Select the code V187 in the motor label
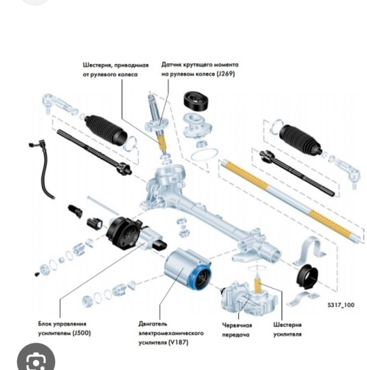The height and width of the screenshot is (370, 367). point(179,343)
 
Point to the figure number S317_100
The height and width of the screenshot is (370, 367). point(341,305)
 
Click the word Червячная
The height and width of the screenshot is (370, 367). point(237,325)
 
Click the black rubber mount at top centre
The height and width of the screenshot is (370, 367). point(196,101)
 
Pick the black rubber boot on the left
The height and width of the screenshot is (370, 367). point(106,129)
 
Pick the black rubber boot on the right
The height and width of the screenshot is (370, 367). point(300,139)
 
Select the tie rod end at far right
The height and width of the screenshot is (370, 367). point(348,172)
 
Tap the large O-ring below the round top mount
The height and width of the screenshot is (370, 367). point(204,155)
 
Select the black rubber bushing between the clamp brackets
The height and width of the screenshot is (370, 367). point(307,277)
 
